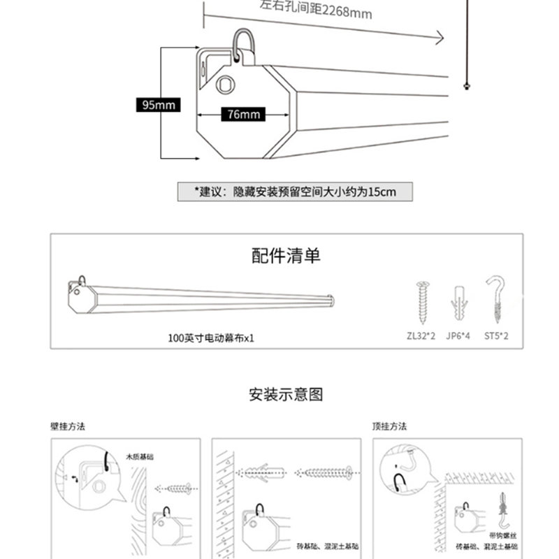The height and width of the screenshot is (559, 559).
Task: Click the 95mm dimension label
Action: coord(159,106)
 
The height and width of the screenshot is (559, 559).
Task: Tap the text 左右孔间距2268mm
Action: coord(316,9)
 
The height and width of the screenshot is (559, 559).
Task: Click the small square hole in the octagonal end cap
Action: coord(225,85)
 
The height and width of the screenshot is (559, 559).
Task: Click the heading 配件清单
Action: coord(286,256)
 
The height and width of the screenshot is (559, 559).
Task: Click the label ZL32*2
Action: coord(421,336)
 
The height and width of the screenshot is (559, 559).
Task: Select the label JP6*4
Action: coord(458,336)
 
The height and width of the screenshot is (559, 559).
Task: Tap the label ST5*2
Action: coord(495,336)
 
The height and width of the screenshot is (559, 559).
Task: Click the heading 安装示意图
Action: coord(286,395)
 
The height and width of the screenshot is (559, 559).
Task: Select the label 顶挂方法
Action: coord(389,426)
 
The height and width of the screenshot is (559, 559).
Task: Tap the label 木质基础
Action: coord(140,456)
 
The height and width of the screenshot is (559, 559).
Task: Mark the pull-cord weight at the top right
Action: coord(465,85)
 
